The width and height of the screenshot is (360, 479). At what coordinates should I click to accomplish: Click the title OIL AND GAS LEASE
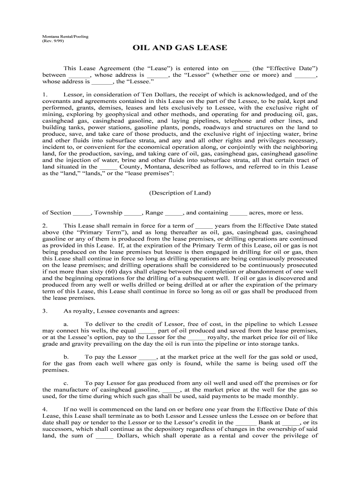pyautogui.click(x=180, y=48)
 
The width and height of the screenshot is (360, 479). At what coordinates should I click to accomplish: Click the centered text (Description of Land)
pyautogui.click(x=180, y=193)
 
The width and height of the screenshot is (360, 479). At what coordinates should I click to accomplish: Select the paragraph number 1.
pyautogui.click(x=44, y=94)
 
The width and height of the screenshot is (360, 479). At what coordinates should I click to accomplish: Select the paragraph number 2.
pyautogui.click(x=44, y=225)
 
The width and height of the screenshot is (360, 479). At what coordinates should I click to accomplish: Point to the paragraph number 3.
pyautogui.click(x=44, y=311)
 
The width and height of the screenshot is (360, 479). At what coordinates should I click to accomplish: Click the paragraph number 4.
pyautogui.click(x=44, y=409)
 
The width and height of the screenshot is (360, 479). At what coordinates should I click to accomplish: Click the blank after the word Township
pyautogui.click(x=133, y=213)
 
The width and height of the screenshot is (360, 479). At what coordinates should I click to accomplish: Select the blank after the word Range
pyautogui.click(x=174, y=213)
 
